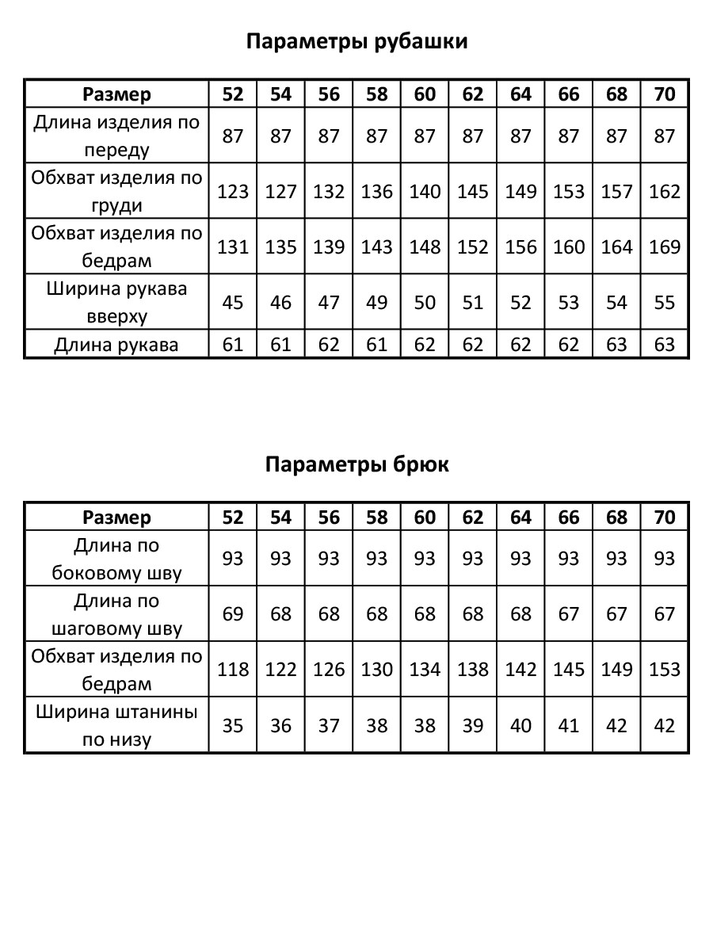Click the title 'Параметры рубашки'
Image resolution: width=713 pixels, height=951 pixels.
356,41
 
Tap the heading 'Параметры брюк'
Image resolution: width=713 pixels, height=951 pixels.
356,464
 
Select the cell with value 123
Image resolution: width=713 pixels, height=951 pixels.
233,192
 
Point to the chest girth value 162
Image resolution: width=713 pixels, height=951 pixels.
665,192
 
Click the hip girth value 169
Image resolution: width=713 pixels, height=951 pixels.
665,247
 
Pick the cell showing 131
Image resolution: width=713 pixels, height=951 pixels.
233,247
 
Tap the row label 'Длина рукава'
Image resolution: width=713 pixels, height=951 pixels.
116,345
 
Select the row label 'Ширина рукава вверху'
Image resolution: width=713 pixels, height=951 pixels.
116,303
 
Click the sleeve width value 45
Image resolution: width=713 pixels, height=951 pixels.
233,303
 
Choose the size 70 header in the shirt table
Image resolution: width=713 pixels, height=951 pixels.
665,94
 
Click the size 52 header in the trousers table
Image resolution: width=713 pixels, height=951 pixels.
233,518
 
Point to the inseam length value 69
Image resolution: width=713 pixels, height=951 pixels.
233,614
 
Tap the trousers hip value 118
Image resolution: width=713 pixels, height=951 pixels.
233,670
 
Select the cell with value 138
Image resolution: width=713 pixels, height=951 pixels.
473,670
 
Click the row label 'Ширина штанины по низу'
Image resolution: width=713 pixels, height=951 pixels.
116,725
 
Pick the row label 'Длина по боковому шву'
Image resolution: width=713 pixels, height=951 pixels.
116,559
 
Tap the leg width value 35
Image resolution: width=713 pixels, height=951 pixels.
233,725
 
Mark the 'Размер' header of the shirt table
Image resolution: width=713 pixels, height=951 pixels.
116,94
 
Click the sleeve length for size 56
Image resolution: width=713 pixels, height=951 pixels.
329,345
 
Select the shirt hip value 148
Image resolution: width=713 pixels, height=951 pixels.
425,247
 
